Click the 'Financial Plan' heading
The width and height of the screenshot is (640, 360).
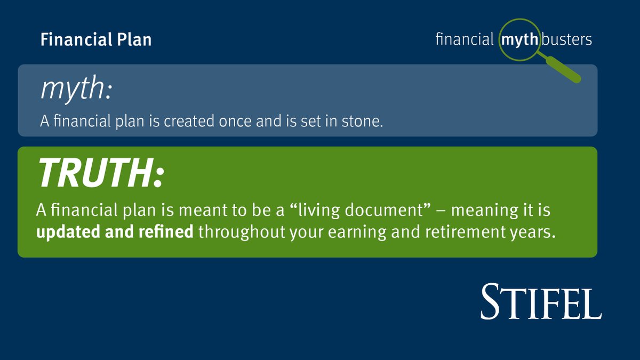(96, 40)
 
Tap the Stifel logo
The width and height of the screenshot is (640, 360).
(541, 302)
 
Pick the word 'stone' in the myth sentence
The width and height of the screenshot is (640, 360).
(366, 122)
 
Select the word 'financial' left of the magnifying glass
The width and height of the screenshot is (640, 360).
(464, 40)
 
